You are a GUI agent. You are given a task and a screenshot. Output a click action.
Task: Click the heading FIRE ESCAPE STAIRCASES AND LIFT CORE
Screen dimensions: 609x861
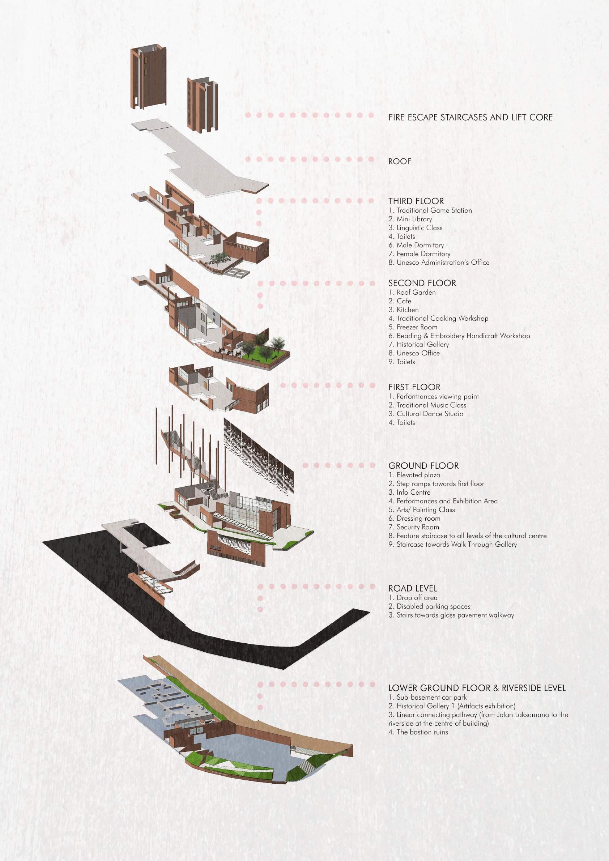[470, 118]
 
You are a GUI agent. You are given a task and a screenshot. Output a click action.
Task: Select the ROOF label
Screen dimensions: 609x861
[400, 162]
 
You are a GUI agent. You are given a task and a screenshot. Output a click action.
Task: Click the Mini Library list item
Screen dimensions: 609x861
[410, 219]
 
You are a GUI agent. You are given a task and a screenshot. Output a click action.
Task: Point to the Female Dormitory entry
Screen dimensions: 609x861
[419, 254]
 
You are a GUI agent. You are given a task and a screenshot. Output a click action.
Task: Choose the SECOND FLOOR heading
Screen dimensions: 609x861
[422, 283]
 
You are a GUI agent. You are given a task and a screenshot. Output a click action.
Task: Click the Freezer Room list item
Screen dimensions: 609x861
[413, 327]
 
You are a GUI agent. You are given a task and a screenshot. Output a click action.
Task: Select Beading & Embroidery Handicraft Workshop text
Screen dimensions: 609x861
[459, 336]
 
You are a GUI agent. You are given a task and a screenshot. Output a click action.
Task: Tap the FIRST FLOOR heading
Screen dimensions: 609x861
[414, 387]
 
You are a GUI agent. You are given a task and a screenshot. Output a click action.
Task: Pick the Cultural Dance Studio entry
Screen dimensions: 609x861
[426, 414]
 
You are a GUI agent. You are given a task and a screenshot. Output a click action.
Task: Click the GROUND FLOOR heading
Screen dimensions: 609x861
[423, 466]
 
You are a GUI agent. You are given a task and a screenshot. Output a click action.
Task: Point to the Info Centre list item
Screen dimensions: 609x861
[409, 493]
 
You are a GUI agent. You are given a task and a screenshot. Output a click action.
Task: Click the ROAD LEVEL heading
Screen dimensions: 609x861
[413, 588]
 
